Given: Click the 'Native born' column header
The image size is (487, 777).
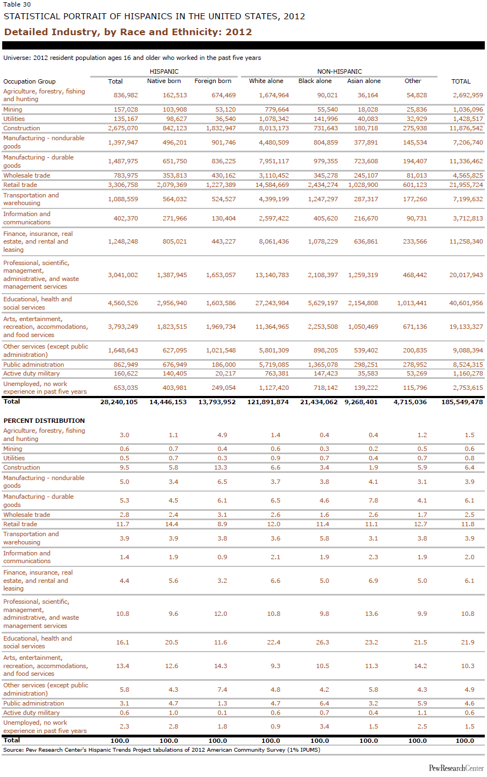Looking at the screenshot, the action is [x=164, y=81].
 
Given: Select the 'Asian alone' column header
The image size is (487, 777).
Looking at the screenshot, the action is [x=364, y=81].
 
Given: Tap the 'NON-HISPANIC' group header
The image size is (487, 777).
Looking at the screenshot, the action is [x=340, y=71].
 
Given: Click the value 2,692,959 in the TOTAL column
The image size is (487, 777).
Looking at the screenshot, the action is [x=468, y=95].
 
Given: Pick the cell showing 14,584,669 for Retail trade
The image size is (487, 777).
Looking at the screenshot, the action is [x=272, y=185].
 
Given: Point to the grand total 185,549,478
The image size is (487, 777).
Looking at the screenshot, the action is [x=462, y=402].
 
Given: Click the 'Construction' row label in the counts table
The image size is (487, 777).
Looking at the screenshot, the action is [x=21, y=128].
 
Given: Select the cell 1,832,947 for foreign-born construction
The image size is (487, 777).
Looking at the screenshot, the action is [x=221, y=128].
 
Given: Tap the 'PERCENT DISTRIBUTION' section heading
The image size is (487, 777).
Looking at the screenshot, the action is [x=44, y=421].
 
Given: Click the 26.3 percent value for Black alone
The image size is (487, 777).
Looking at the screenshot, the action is [x=322, y=642].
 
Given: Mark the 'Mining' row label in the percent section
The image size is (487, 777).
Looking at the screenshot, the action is [x=13, y=449].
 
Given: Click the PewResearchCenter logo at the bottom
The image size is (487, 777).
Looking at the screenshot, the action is [x=456, y=768].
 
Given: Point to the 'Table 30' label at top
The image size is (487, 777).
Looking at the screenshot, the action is [x=17, y=4].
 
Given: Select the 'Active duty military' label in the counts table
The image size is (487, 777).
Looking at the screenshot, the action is [x=31, y=373].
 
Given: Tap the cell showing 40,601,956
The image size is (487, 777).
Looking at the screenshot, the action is [x=466, y=303].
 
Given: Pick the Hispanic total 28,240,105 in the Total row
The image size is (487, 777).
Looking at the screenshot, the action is [x=119, y=402].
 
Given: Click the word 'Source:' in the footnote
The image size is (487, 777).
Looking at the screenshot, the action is [x=13, y=750].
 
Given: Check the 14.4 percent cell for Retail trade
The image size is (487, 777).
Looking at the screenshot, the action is [x=172, y=524].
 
